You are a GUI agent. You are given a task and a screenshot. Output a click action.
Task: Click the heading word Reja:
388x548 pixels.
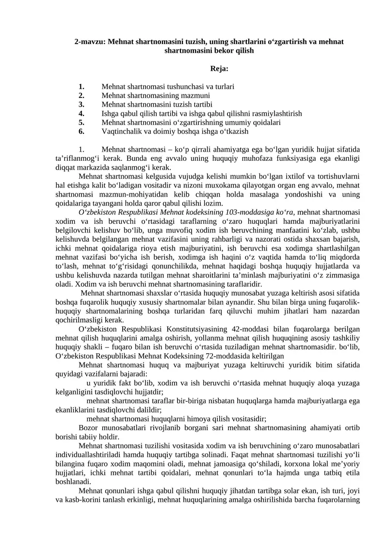coord(219,69)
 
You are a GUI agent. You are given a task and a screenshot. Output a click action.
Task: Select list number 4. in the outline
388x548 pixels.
coord(82,113)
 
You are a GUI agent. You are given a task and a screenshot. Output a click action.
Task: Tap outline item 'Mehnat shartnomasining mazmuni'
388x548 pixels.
coord(153,95)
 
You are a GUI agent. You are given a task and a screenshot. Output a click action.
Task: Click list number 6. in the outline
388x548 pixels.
coord(82,131)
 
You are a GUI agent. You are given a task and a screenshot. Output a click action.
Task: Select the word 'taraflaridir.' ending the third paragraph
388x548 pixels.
coord(241,284)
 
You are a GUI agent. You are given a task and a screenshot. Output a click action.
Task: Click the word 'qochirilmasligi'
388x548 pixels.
coord(81,320)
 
